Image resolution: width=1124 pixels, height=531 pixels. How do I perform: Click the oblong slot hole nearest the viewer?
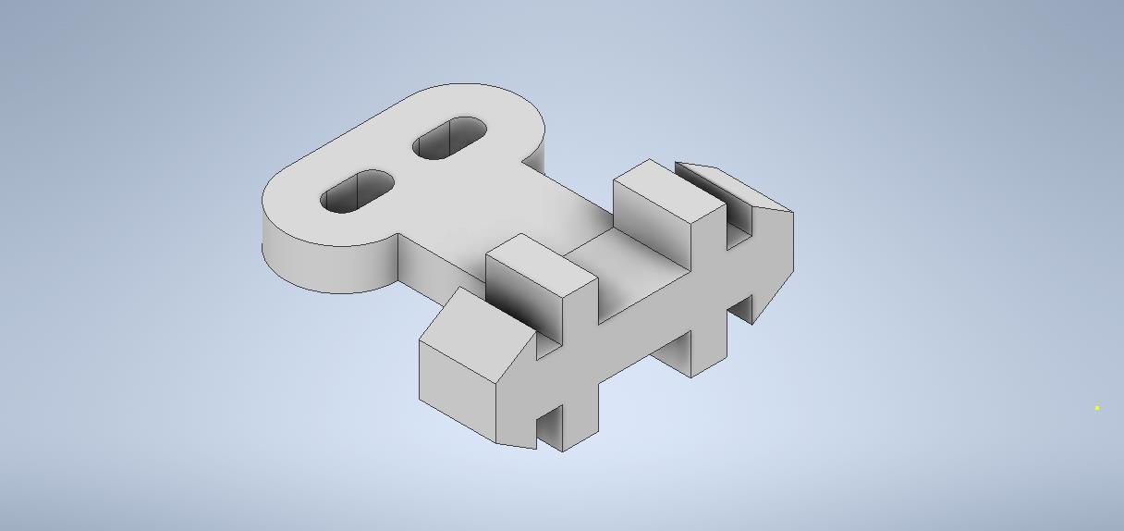pos(357,191)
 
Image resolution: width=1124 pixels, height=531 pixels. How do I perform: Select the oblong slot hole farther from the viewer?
pos(449,138)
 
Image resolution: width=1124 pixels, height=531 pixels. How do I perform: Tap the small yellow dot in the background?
pos(1097,407)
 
